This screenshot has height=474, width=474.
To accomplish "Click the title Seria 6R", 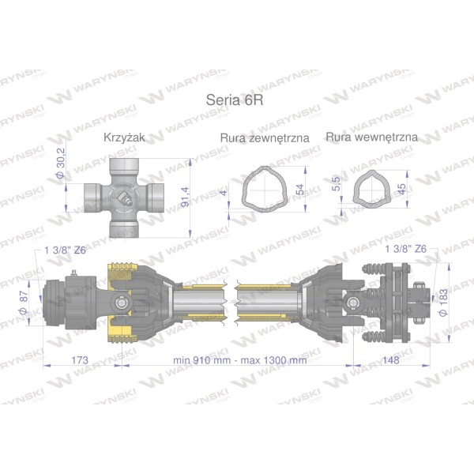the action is coord(235,100).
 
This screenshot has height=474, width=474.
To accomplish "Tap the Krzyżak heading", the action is coord(124,137).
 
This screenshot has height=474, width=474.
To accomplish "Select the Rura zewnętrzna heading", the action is coord(265,137).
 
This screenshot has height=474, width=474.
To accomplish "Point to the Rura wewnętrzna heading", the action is coord(371,137).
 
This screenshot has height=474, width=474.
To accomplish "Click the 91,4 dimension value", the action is coord(185,197).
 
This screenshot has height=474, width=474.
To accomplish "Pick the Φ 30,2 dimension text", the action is coord(61,163).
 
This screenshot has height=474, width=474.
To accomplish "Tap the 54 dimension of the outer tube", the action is coord(300,190).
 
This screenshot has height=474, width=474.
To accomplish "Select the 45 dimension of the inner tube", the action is coord(401,189).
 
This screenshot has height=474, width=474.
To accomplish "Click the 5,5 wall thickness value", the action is coord(336,183).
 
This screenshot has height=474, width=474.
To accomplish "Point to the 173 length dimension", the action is coord(80,360).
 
